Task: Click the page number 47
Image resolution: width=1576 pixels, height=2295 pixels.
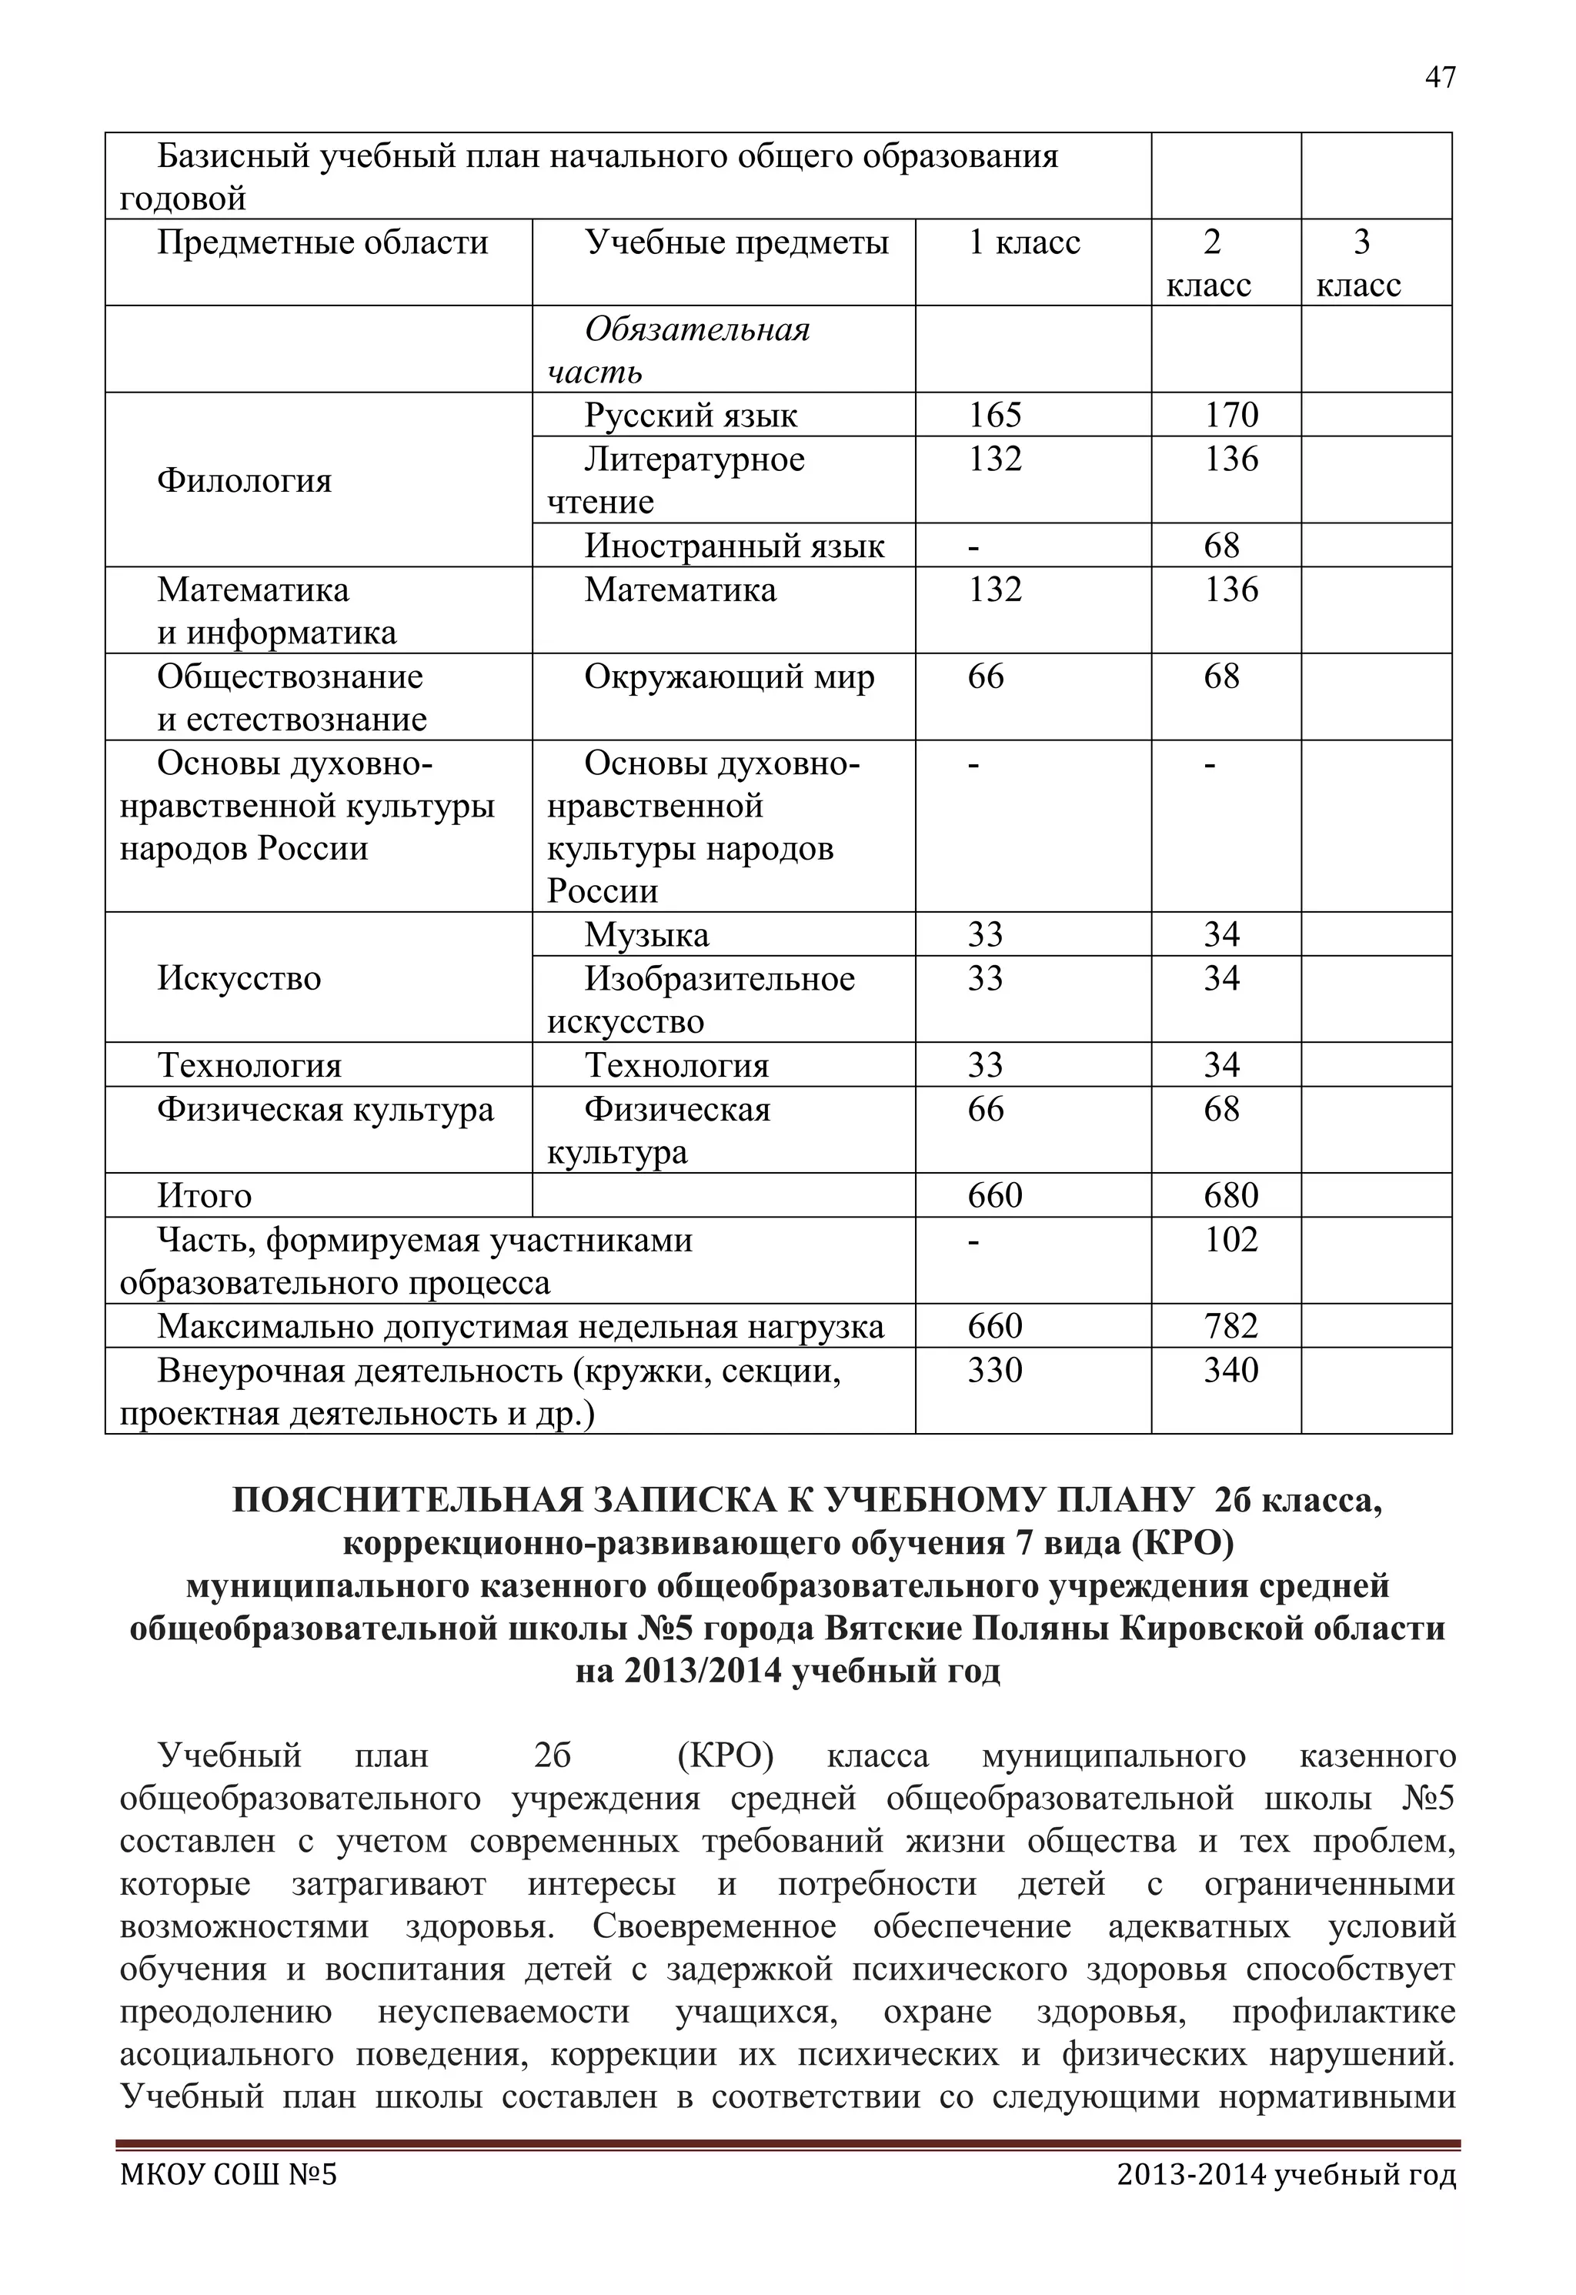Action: (x=1440, y=77)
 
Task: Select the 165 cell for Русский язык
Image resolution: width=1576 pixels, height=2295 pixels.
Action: (x=994, y=415)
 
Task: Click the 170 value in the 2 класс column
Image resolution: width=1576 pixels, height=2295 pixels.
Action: (x=1230, y=415)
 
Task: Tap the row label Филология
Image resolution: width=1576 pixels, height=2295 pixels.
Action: (x=244, y=481)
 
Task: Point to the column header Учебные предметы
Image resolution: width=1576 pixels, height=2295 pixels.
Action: (x=736, y=243)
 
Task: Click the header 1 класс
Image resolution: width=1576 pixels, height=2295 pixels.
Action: (x=1024, y=243)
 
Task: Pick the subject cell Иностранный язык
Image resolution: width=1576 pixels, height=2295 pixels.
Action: (x=733, y=546)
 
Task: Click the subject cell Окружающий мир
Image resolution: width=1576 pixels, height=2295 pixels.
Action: (x=729, y=677)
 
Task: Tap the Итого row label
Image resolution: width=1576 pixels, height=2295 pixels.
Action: (x=205, y=1197)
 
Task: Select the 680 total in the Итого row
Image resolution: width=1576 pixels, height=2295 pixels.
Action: (x=1230, y=1197)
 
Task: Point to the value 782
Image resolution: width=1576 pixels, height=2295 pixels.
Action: (x=1230, y=1326)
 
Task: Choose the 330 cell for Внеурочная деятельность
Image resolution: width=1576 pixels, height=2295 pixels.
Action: (x=994, y=1371)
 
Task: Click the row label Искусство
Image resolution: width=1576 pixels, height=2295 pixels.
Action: (x=239, y=979)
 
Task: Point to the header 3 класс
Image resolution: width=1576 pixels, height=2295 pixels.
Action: (x=1360, y=264)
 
